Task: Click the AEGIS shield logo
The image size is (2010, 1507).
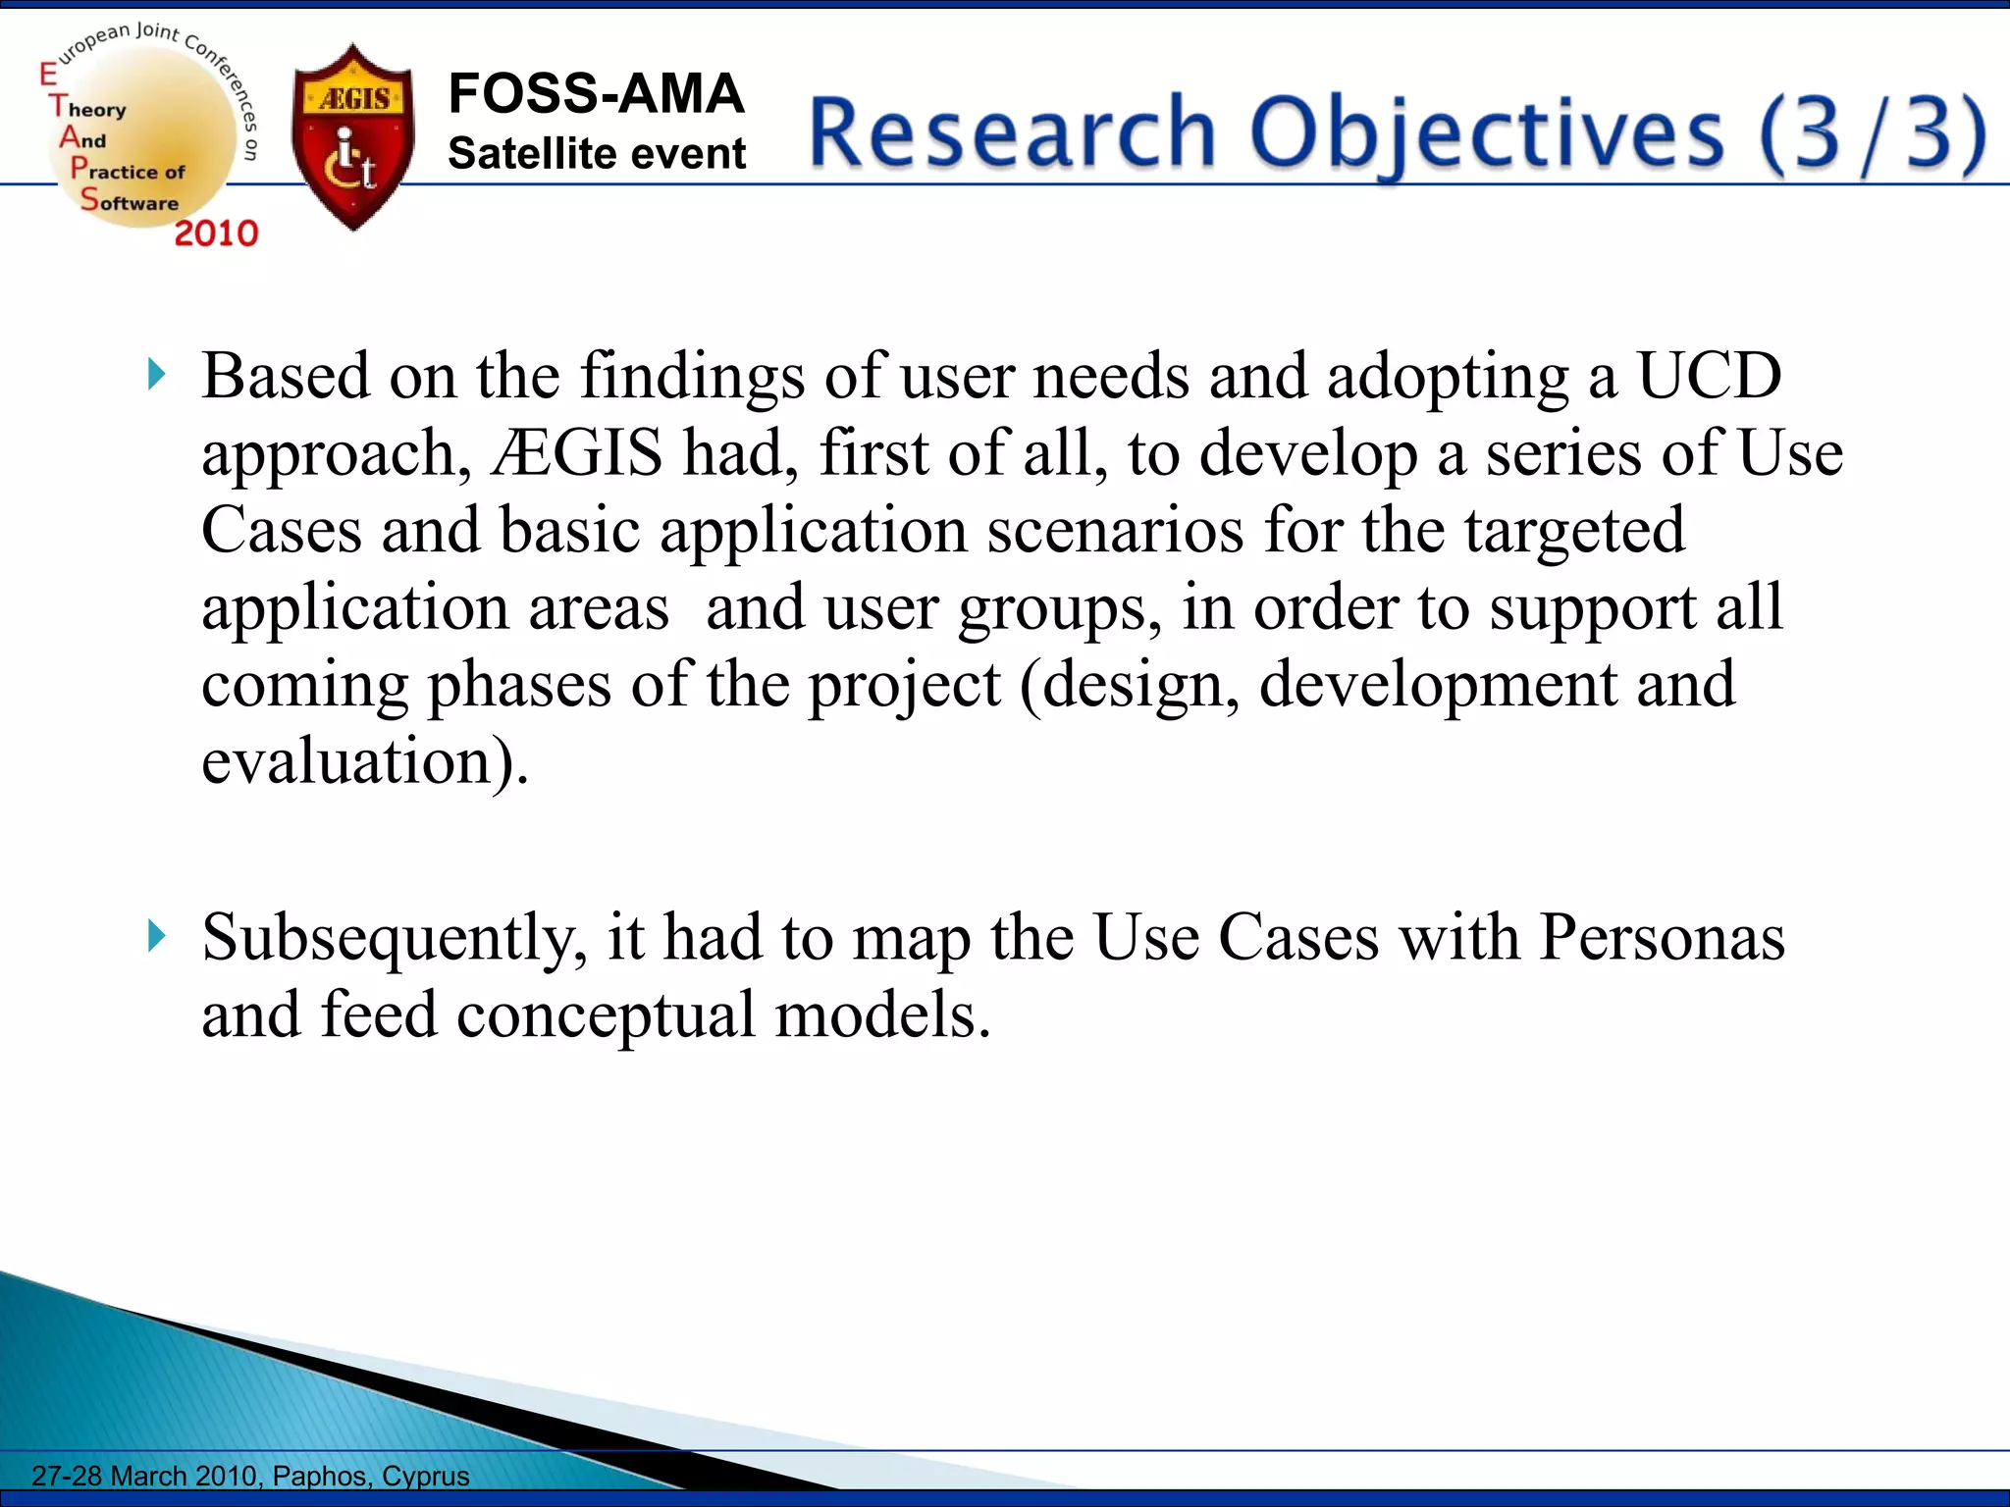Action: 353,137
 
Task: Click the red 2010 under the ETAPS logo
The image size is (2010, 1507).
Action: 216,234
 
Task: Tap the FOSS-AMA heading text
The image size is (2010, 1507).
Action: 596,94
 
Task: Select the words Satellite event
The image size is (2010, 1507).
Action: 597,154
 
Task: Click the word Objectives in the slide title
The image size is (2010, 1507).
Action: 1486,134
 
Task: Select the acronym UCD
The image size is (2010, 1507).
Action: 1709,376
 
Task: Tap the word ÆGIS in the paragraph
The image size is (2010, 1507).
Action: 577,453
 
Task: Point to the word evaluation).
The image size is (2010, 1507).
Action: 364,761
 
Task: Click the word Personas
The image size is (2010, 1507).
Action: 1662,937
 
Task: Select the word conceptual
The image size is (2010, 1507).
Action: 606,1015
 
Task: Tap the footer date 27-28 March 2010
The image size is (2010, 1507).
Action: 144,1476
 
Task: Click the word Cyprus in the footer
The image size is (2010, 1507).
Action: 426,1476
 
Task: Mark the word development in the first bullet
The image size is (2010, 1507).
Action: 1438,684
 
